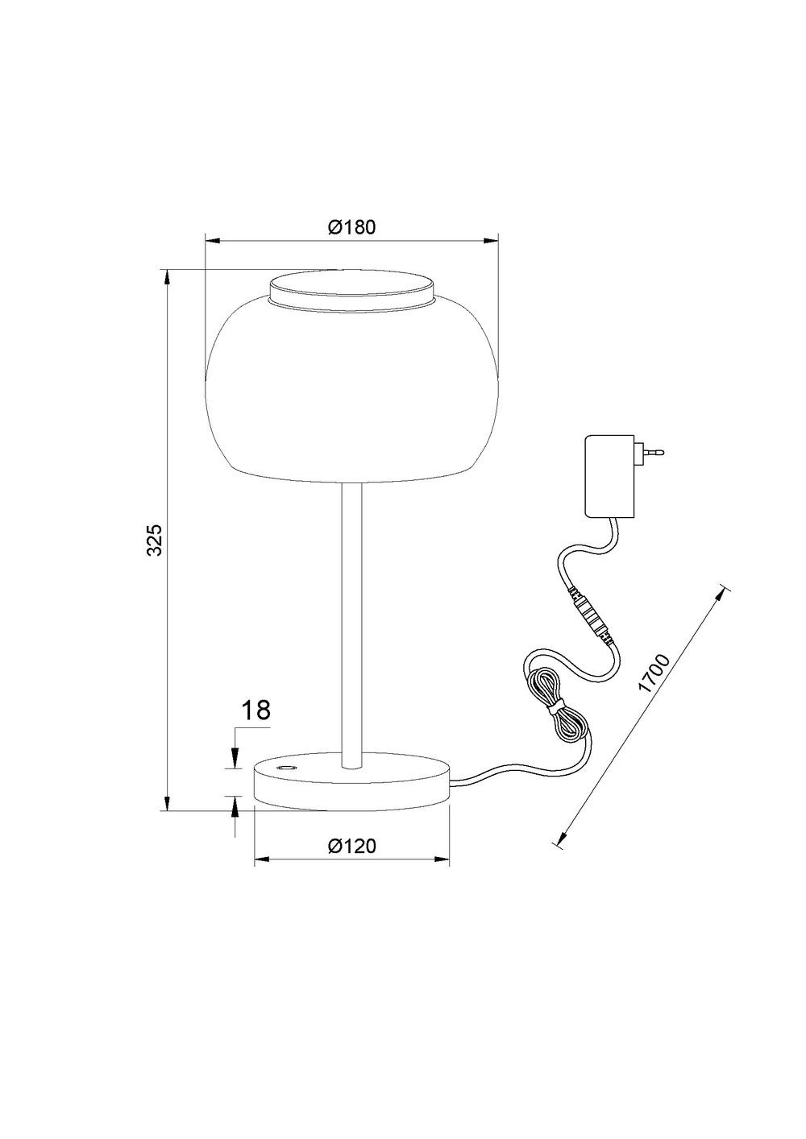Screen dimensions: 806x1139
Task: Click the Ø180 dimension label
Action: pos(351,227)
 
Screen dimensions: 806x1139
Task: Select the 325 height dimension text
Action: pos(154,539)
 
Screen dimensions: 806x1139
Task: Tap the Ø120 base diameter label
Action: pos(351,846)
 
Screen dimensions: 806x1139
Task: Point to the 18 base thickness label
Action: pos(255,710)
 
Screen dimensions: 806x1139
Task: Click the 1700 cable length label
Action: pos(653,673)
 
